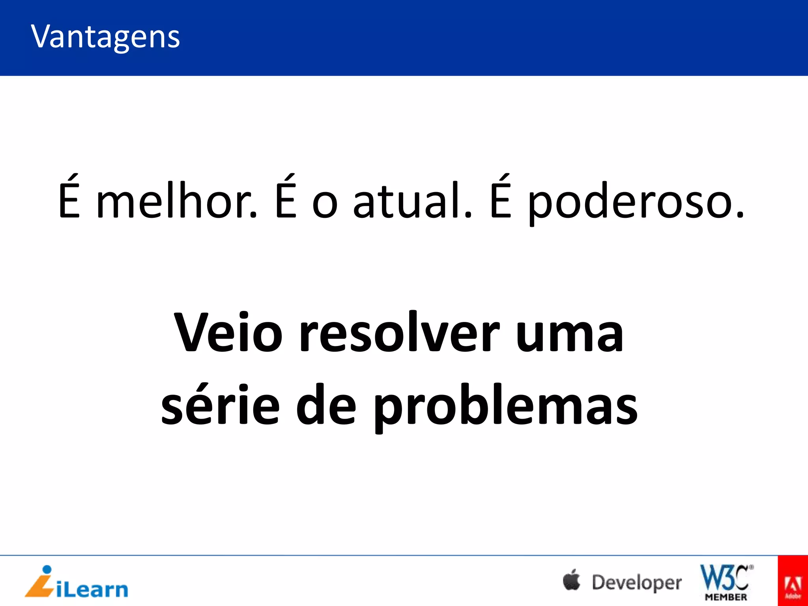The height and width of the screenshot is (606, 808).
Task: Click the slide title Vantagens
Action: coord(105,37)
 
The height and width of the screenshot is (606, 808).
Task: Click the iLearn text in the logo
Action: coord(92,590)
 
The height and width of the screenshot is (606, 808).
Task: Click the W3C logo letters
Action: coord(724,578)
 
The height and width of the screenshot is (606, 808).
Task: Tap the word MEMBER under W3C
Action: coord(726,597)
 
